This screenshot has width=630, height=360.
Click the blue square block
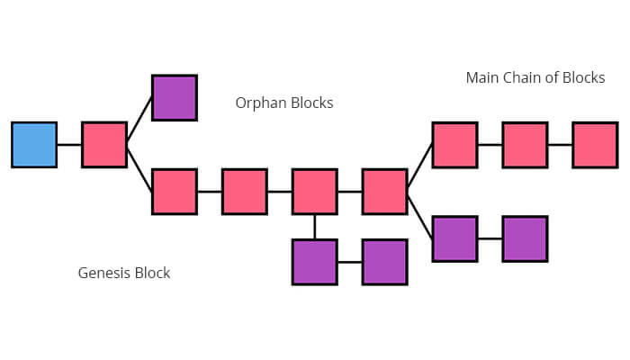pos(34,145)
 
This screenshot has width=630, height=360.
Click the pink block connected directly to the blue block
pos(104,145)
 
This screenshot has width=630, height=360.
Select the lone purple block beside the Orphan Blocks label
pos(175,97)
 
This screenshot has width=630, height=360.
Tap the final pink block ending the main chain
pos(595,145)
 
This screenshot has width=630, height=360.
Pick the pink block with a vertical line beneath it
pos(315,192)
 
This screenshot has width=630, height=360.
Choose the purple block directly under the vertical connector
pos(315,262)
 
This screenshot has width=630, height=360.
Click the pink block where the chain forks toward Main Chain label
pos(385,192)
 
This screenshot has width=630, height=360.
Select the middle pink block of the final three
pos(525,145)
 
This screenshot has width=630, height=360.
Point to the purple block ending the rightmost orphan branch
pos(525,238)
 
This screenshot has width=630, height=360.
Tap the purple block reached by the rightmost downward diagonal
pos(454,238)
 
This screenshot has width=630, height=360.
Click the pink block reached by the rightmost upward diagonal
pos(454,145)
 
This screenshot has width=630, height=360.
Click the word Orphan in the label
pos(262,103)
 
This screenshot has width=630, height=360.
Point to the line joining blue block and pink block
pos(69,145)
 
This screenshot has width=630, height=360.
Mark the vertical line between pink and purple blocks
pos(315,227)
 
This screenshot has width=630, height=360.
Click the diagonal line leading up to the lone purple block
pos(139,121)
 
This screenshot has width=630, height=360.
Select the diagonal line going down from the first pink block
pos(139,168)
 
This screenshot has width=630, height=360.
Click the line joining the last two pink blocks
pos(560,145)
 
